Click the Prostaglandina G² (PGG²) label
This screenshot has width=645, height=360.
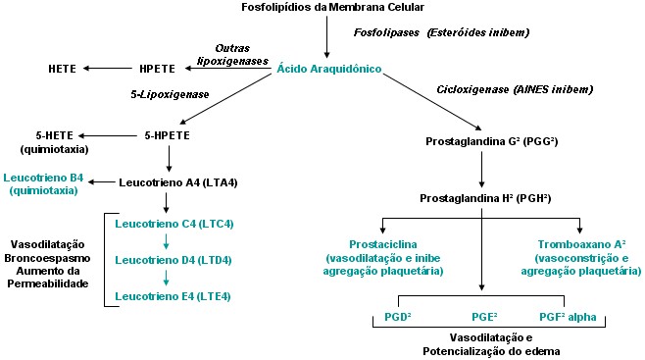pyautogui.click(x=479, y=141)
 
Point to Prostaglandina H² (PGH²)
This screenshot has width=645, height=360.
pyautogui.click(x=479, y=198)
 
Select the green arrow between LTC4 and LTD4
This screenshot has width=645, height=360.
pyautogui.click(x=169, y=242)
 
